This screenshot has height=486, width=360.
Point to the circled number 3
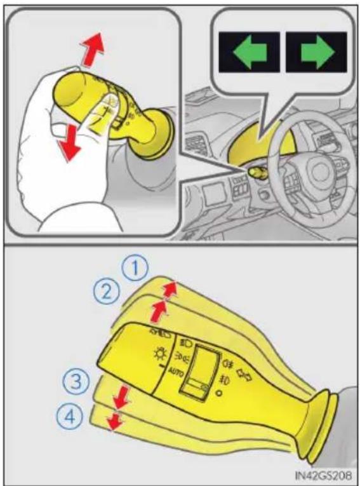(76, 381)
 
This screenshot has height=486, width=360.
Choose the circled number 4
(70, 416)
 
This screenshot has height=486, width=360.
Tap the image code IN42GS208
(323, 475)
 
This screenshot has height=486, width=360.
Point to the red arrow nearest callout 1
(170, 290)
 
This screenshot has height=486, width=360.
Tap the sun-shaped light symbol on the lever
(161, 353)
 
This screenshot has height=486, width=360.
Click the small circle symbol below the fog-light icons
(219, 393)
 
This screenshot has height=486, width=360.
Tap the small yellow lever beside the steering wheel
(258, 173)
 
